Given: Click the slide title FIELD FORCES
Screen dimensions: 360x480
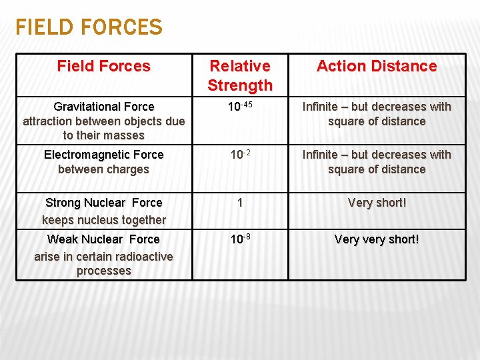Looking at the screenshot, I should click(x=89, y=27).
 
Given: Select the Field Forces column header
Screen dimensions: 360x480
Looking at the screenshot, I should click(x=104, y=66).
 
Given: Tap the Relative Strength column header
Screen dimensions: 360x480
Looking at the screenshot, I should click(x=240, y=75).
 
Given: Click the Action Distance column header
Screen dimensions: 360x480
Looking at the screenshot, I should click(x=377, y=66).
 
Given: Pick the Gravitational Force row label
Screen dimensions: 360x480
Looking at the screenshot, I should click(x=104, y=107).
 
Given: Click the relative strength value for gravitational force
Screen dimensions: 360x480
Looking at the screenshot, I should click(x=240, y=107).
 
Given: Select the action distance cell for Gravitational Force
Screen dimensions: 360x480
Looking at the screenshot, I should click(x=377, y=114).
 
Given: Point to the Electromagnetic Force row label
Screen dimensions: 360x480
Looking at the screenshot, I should click(x=104, y=155).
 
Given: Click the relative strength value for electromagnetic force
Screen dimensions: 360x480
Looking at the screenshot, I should click(x=240, y=155).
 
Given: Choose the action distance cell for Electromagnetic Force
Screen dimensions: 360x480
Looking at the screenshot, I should click(x=377, y=162).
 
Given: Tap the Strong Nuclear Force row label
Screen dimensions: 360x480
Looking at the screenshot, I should click(x=104, y=203).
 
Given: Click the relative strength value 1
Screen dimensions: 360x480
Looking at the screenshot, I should click(x=240, y=203).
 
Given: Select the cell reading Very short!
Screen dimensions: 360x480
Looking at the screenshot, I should click(x=377, y=203).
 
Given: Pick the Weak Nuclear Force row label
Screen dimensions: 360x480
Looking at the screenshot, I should click(x=104, y=239).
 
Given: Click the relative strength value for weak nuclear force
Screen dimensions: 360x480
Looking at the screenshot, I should click(x=240, y=239).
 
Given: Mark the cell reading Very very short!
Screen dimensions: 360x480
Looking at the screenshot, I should click(x=377, y=239).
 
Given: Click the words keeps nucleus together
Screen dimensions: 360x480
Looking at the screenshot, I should click(x=104, y=220).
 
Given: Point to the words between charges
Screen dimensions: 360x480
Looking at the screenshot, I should click(x=104, y=169).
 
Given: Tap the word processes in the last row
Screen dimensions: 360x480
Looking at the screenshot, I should click(x=104, y=271).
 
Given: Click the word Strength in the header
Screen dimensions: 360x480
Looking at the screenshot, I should click(x=240, y=85).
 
